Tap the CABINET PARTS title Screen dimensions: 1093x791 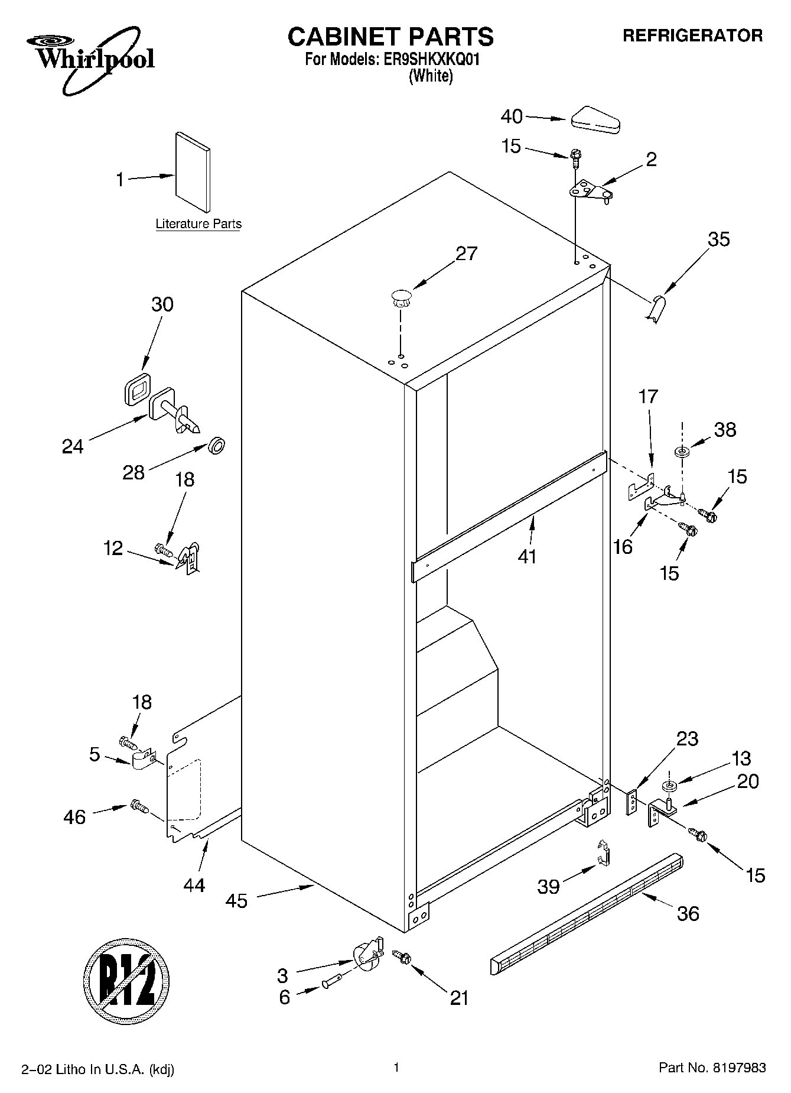[390, 37]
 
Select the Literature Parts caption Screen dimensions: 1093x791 [198, 224]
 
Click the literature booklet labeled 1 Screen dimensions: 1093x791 [191, 172]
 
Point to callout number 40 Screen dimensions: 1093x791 [512, 116]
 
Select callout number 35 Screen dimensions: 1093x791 [718, 239]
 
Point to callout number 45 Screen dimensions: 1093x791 [237, 901]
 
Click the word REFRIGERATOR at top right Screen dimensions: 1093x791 [692, 36]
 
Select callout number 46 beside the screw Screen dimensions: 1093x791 [74, 817]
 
